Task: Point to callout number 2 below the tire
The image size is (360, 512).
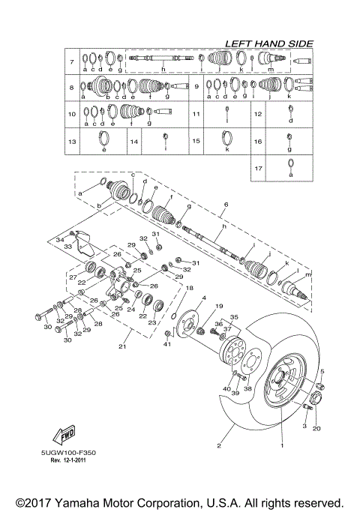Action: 220,446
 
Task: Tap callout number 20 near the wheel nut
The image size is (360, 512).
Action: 316,429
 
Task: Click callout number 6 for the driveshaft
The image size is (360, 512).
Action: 224,205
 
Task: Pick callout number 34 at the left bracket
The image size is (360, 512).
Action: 60,239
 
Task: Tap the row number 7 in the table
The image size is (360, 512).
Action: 71,61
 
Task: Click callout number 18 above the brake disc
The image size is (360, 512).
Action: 189,288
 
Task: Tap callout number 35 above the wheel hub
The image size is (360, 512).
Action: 233,317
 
